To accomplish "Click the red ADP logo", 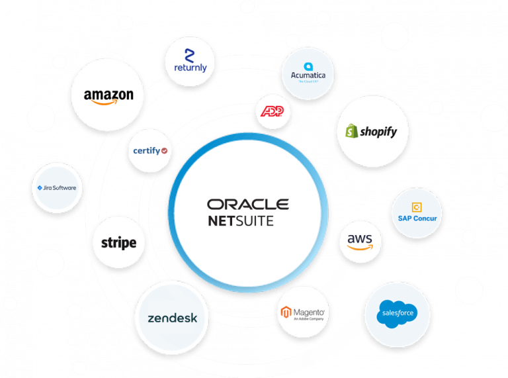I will click(x=273, y=111).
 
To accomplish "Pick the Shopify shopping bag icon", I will click(x=352, y=131).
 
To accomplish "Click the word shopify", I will click(x=378, y=132).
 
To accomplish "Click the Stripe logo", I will click(x=119, y=242).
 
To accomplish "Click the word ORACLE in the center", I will click(x=247, y=204).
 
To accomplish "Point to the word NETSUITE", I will click(x=240, y=221).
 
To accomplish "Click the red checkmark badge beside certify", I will click(x=164, y=151).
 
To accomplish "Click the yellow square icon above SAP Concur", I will click(x=417, y=207).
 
